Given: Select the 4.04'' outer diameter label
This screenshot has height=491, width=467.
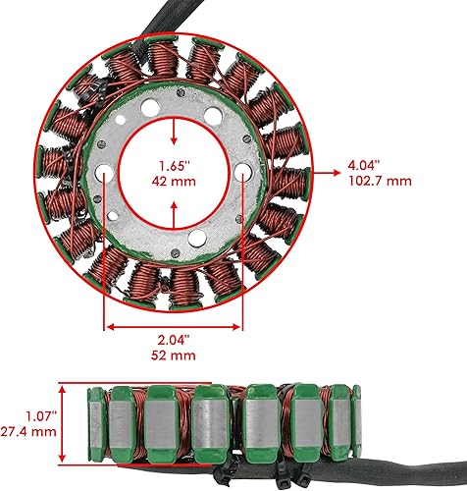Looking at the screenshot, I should click(x=365, y=166).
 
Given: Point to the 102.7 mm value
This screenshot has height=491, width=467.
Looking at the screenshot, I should click(x=379, y=182).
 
